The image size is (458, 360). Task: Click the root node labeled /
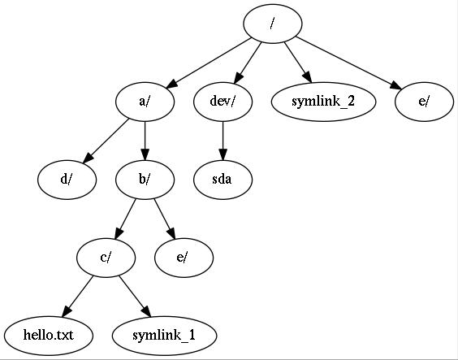pyautogui.click(x=273, y=24)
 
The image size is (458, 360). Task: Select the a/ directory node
pyautogui.click(x=145, y=102)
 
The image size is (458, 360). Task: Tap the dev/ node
pyautogui.click(x=223, y=102)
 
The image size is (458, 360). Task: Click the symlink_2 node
pyautogui.click(x=323, y=102)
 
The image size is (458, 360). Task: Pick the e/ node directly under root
pyautogui.click(x=425, y=102)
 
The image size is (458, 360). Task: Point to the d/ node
pyautogui.click(x=67, y=180)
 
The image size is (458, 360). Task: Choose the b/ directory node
pyautogui.click(x=145, y=180)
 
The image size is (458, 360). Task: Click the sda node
pyautogui.click(x=223, y=180)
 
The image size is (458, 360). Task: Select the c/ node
pyautogui.click(x=106, y=258)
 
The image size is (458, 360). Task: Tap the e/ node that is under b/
pyautogui.click(x=184, y=258)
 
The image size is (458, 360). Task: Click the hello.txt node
pyautogui.click(x=49, y=336)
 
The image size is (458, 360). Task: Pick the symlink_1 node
pyautogui.click(x=164, y=336)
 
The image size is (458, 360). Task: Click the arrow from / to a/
pyautogui.click(x=209, y=63)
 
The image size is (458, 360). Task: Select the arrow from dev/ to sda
pyautogui.click(x=223, y=141)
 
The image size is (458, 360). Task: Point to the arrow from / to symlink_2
pyautogui.click(x=298, y=63)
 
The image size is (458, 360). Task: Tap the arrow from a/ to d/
pyautogui.click(x=106, y=141)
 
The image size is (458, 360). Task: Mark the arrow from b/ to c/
pyautogui.click(x=125, y=219)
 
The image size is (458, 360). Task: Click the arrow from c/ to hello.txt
pyautogui.click(x=77, y=297)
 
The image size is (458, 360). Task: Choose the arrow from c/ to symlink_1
pyautogui.click(x=135, y=297)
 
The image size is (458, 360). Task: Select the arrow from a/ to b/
pyautogui.click(x=145, y=141)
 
